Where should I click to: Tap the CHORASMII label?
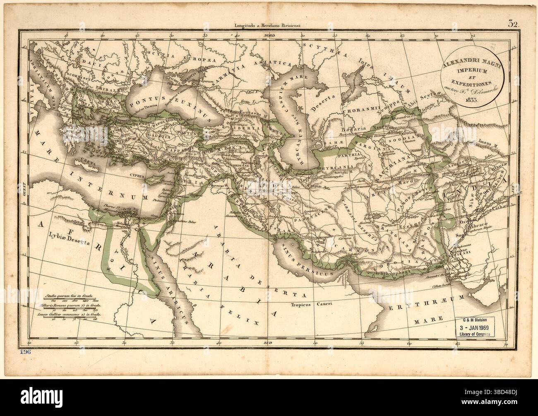(359, 111)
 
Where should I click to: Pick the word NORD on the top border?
(269, 36)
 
